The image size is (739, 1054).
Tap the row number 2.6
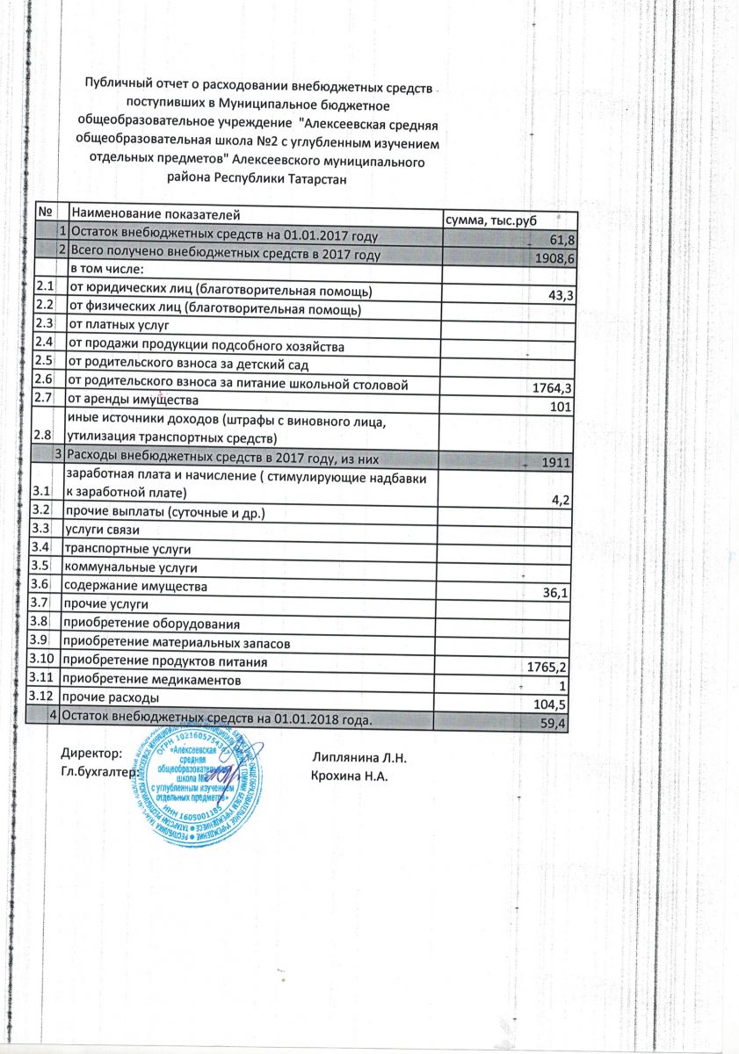[44, 380]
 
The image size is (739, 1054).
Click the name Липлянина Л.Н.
[359, 757]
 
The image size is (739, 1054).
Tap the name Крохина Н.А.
[350, 776]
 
